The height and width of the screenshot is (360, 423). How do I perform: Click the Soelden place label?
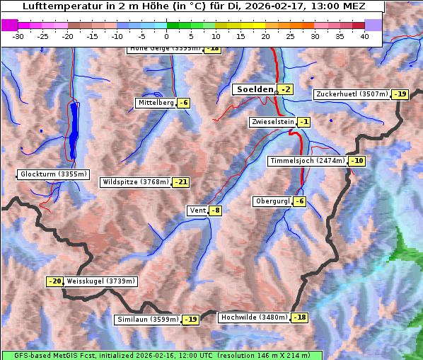tap(255, 89)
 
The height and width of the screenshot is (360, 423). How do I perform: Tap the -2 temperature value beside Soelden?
tap(285, 89)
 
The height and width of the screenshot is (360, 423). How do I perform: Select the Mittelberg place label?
tap(156, 103)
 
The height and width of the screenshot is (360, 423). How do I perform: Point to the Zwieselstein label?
tap(272, 122)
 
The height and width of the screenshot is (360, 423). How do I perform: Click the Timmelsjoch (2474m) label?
tap(308, 161)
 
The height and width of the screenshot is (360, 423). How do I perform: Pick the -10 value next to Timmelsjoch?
tap(357, 161)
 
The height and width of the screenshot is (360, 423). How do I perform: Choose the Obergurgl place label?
tap(272, 201)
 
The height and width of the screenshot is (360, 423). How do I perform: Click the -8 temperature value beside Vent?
tap(215, 210)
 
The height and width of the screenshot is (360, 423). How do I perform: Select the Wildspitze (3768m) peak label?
tap(137, 182)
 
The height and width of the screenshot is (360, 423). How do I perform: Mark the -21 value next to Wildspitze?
tap(181, 182)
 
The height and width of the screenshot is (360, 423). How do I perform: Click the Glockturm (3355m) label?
tap(54, 174)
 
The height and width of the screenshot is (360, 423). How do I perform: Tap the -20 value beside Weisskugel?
tap(54, 281)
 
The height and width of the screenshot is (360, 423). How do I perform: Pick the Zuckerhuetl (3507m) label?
tap(352, 94)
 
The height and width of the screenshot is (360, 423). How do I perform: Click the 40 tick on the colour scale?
tap(364, 36)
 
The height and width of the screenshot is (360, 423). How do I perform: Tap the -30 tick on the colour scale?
tap(18, 36)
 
